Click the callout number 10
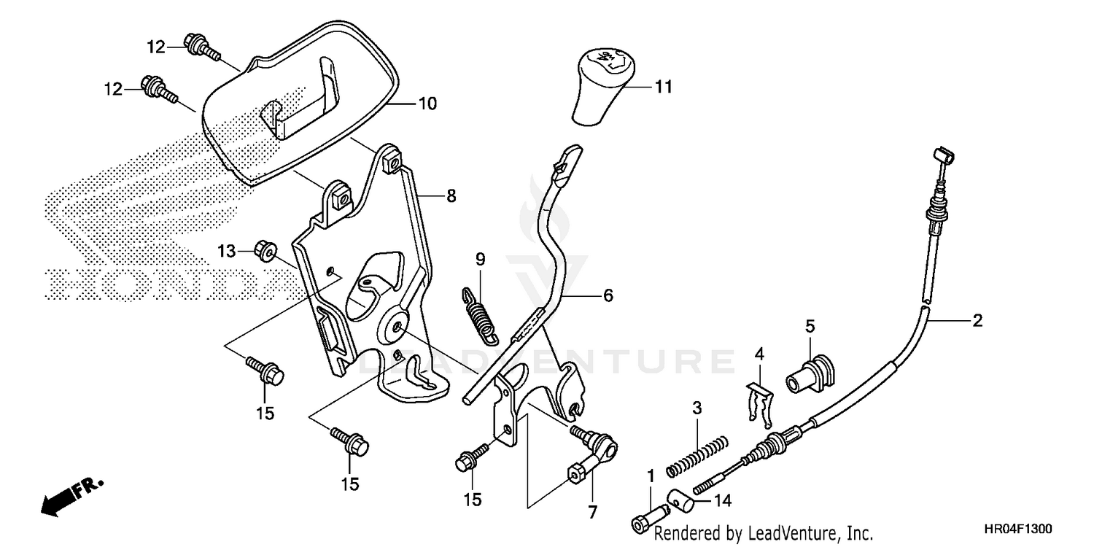click(427, 104)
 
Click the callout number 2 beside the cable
click(977, 320)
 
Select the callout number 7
click(591, 512)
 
